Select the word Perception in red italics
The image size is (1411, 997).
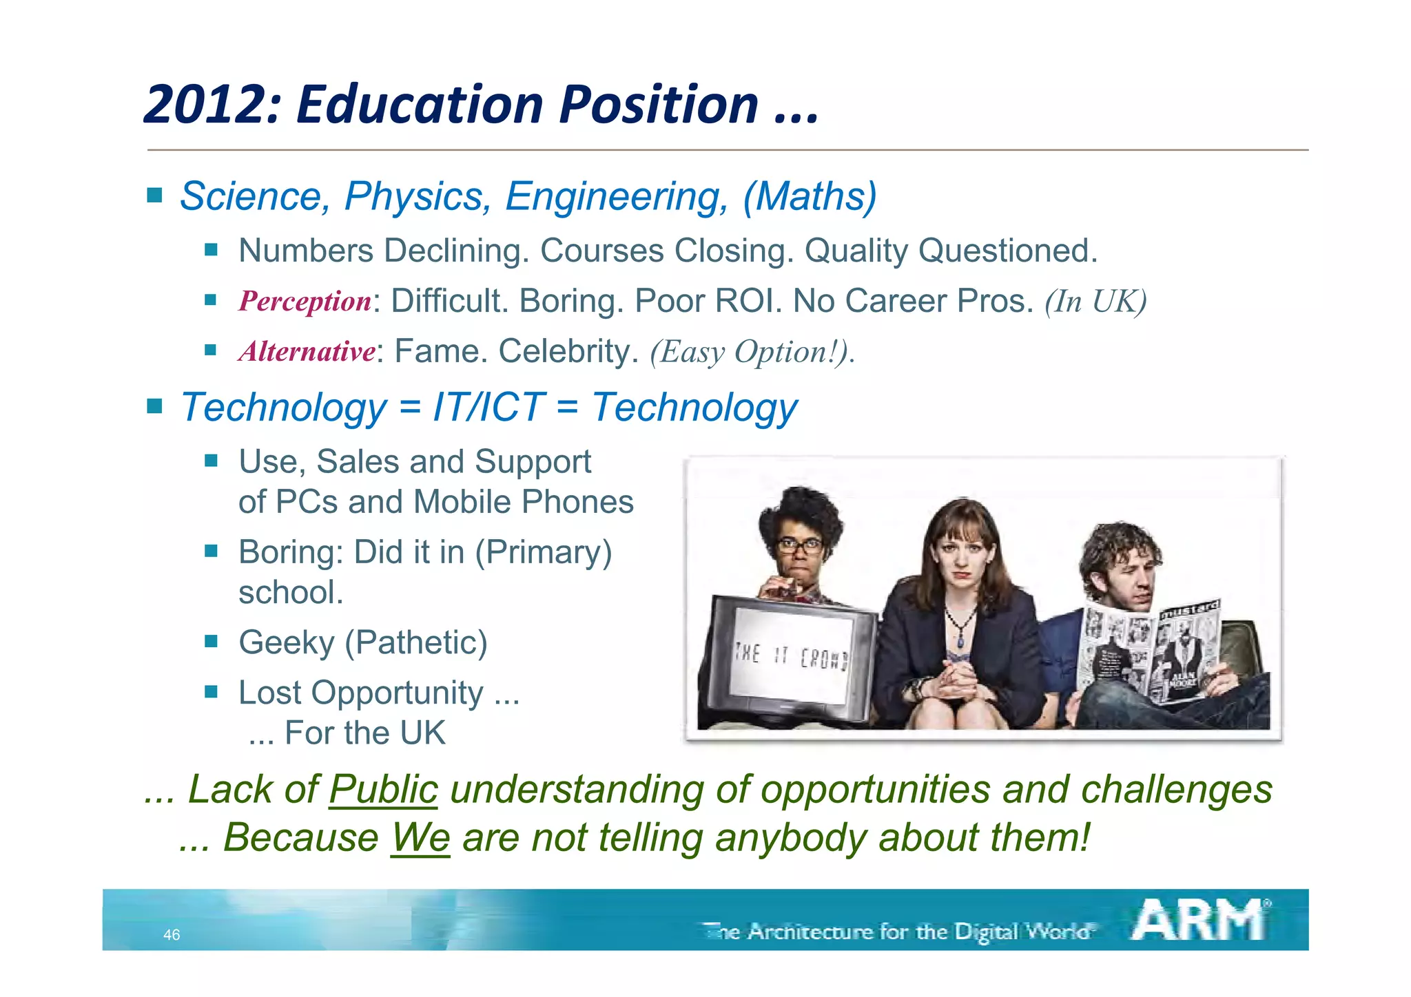[305, 302]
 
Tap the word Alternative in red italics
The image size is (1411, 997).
[307, 352]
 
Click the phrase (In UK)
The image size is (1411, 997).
[1095, 302]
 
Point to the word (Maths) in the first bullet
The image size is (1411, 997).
[810, 196]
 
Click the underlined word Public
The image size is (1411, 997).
[383, 790]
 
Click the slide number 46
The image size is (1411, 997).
[172, 935]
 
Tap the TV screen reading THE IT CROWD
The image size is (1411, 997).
[791, 655]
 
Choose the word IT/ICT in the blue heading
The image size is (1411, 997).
[488, 407]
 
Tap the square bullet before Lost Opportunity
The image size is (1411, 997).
[211, 691]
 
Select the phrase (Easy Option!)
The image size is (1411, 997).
[751, 352]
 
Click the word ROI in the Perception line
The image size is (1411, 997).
[748, 302]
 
